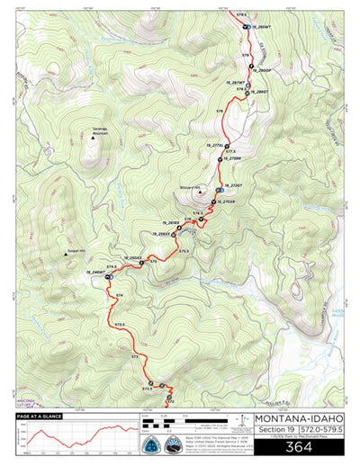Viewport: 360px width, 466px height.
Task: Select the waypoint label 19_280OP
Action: [x=261, y=69]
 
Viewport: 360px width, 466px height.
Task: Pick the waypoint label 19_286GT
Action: [x=259, y=92]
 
